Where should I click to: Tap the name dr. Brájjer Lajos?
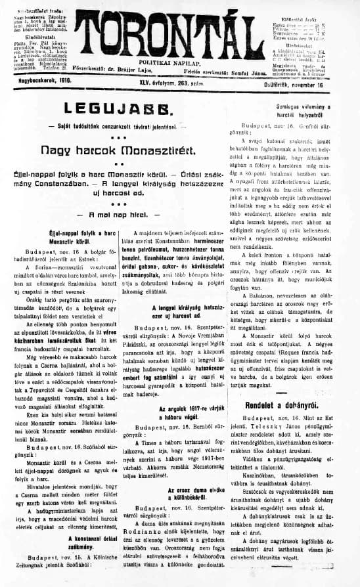tap(153, 74)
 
